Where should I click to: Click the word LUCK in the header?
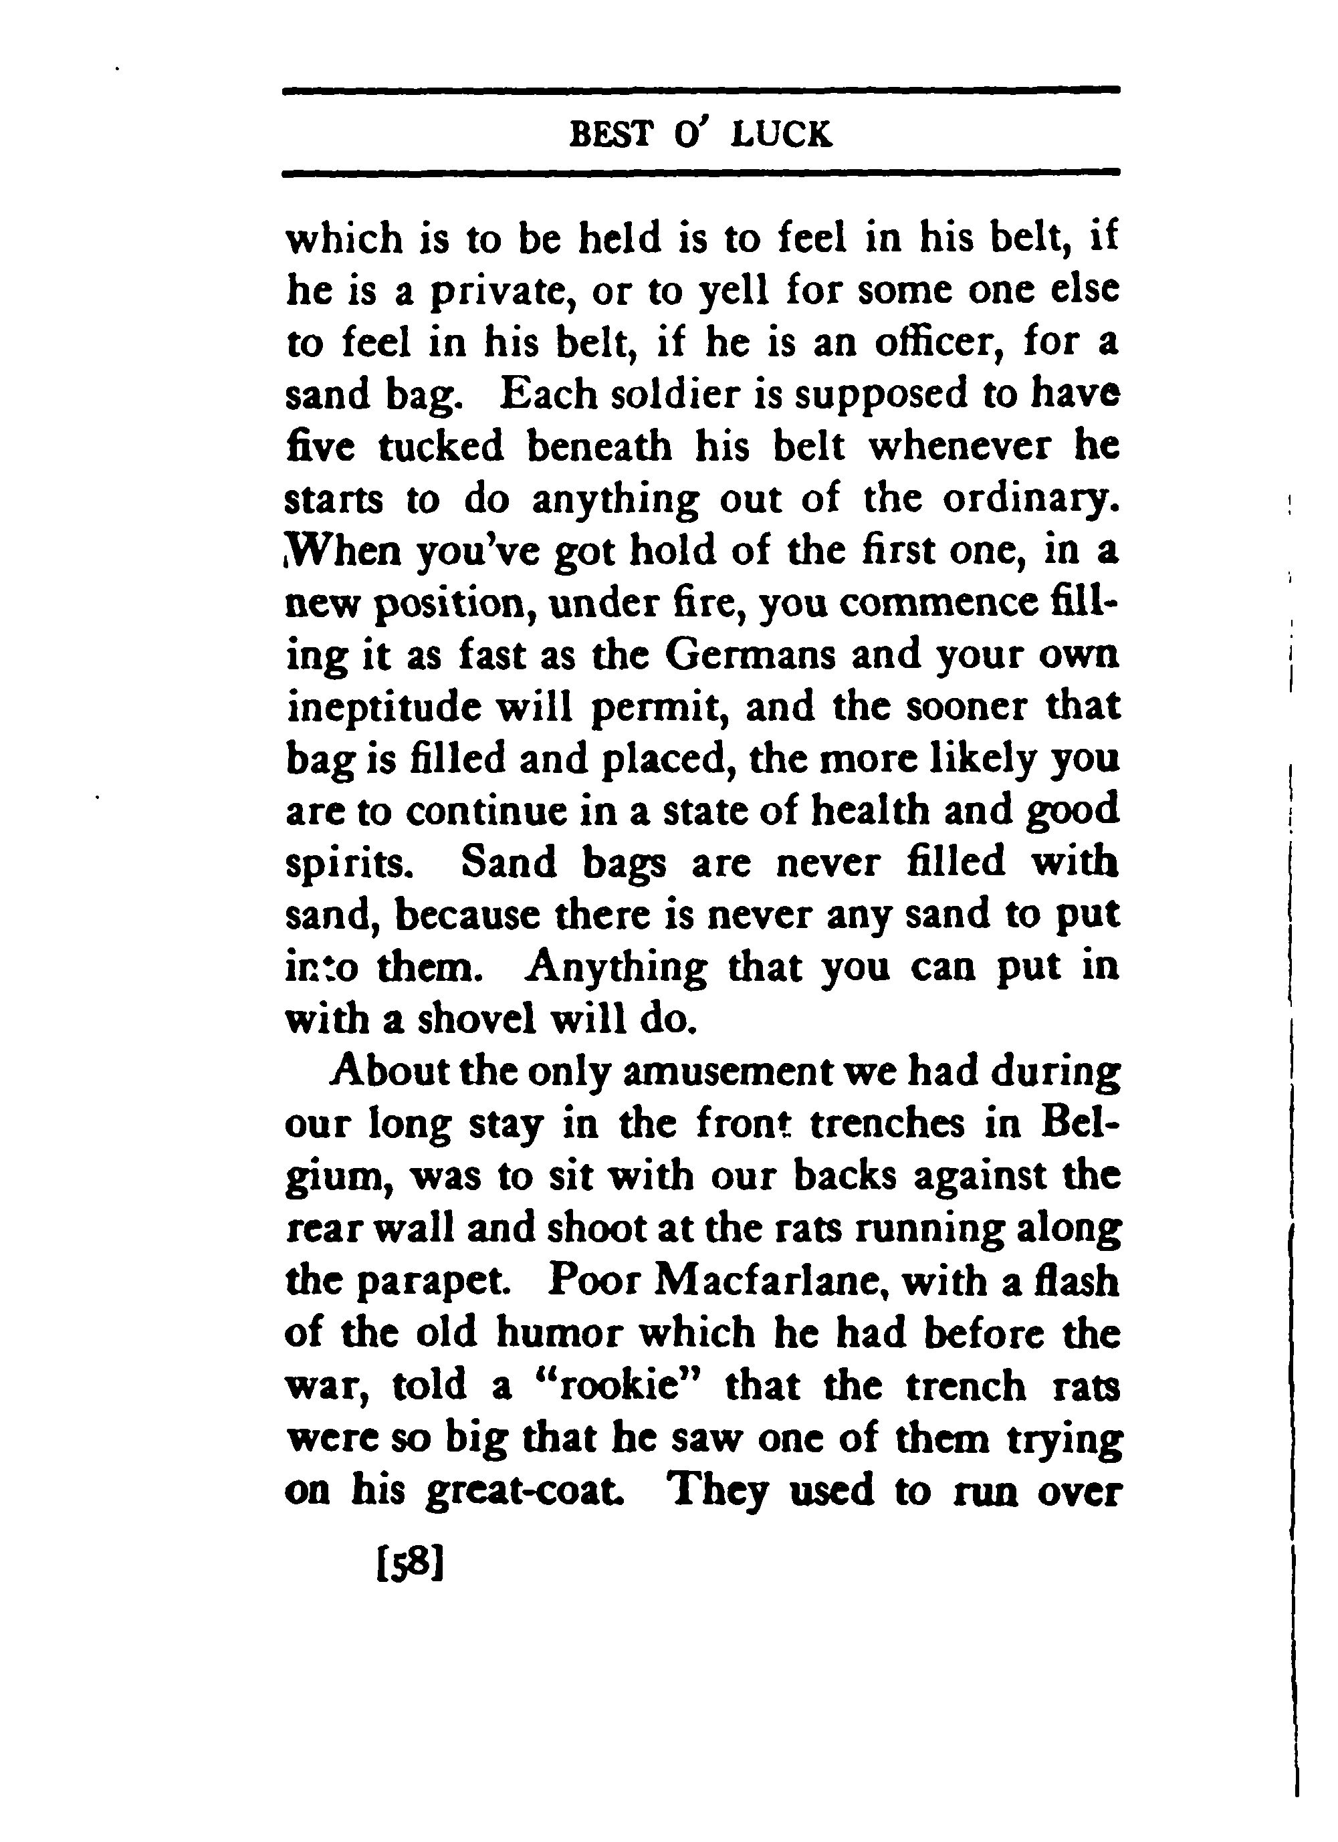[782, 134]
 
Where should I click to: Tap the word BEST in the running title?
[612, 134]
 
